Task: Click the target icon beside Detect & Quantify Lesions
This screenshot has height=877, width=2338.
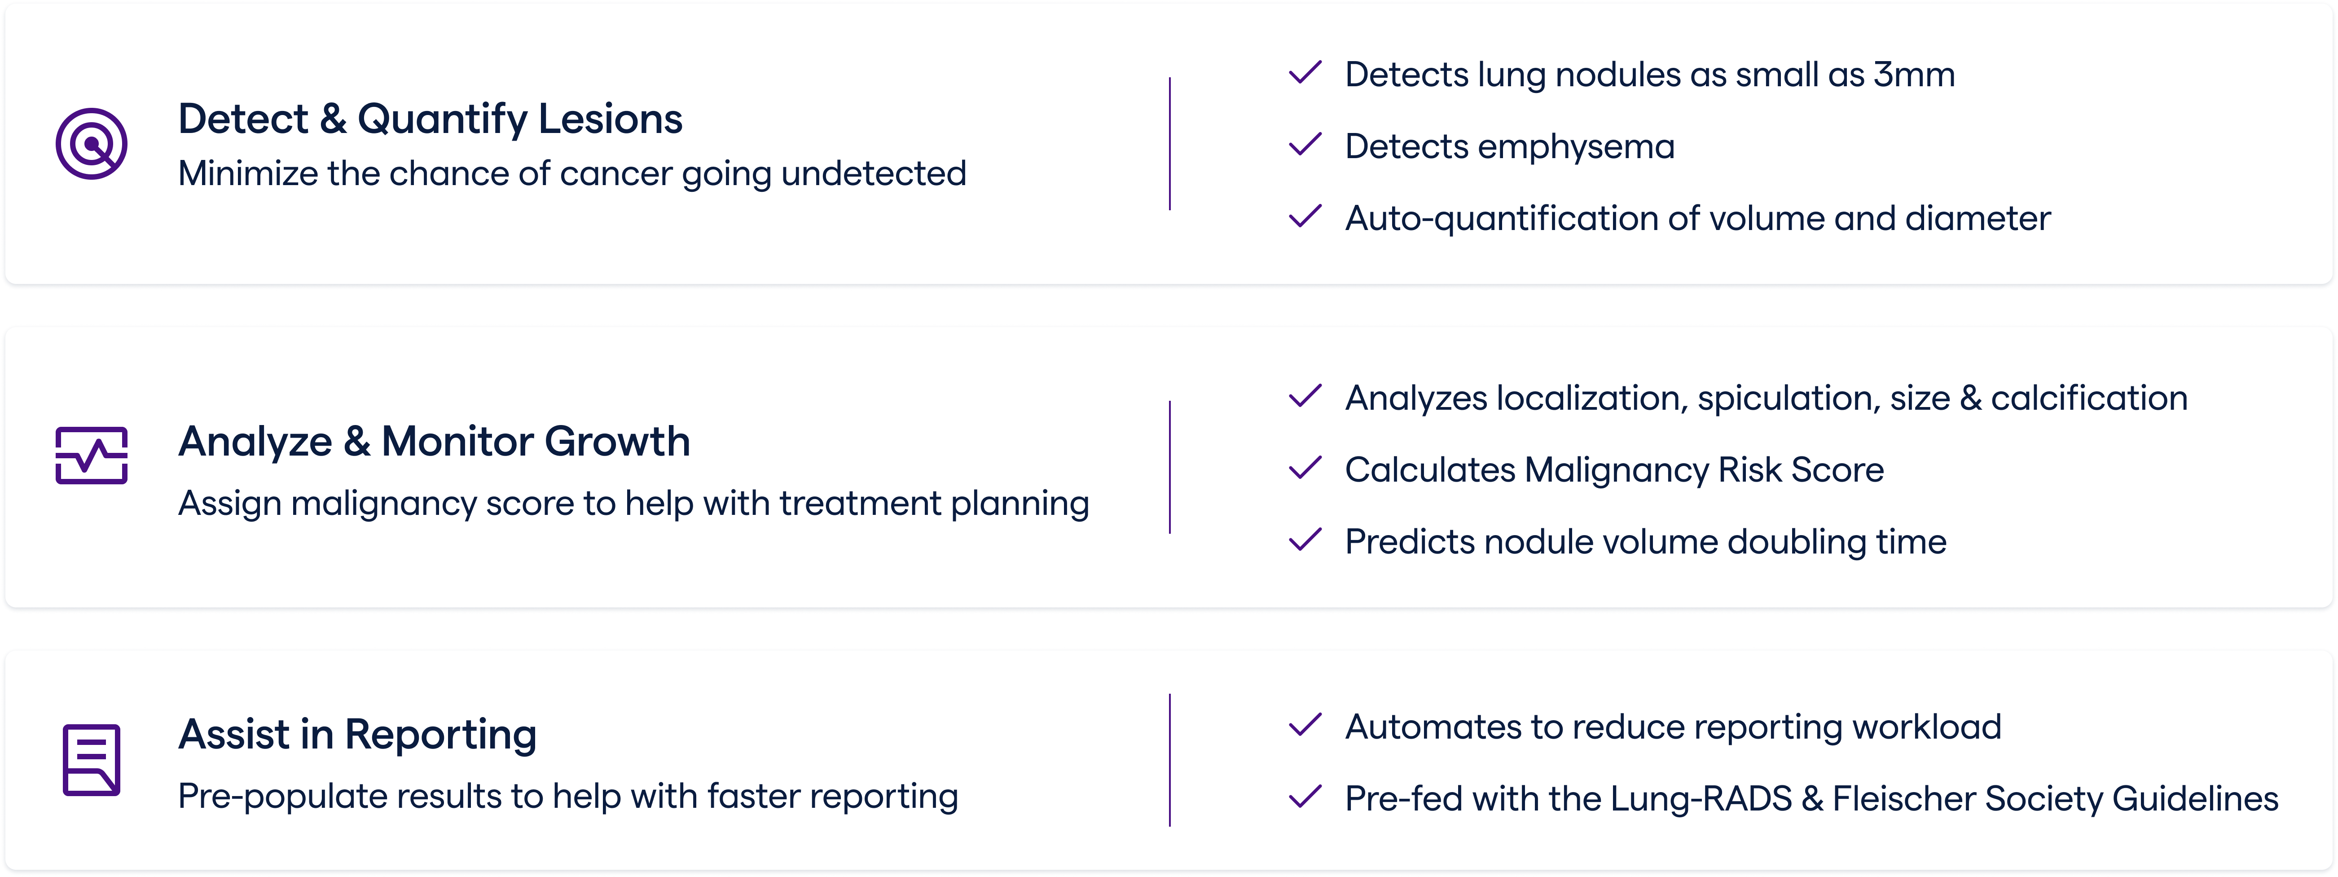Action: pos(91,143)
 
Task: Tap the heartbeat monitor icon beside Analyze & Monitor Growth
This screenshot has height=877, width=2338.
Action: pos(91,456)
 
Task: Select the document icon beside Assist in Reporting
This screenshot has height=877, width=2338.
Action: pos(91,760)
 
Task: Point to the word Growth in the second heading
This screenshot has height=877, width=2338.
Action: pos(617,442)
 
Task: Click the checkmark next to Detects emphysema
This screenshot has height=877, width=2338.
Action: pos(1305,145)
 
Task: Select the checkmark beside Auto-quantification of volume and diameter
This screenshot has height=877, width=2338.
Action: pos(1305,217)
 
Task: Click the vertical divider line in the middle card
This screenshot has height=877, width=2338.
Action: pos(1170,467)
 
